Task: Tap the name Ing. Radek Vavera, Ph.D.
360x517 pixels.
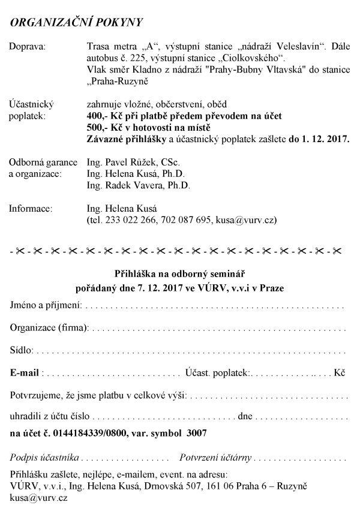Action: point(138,186)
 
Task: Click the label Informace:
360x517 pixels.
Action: point(31,209)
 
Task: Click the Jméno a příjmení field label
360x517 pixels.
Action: point(46,306)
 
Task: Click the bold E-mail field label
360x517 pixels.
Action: point(25,372)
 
